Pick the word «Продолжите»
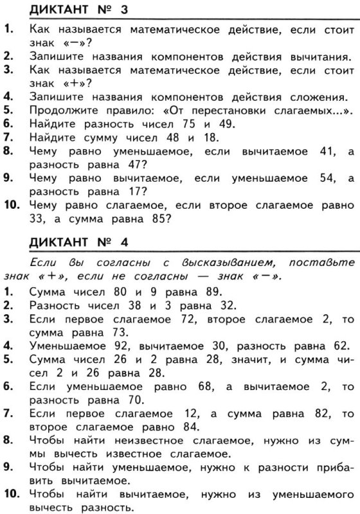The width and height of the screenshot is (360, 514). coord(60,112)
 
